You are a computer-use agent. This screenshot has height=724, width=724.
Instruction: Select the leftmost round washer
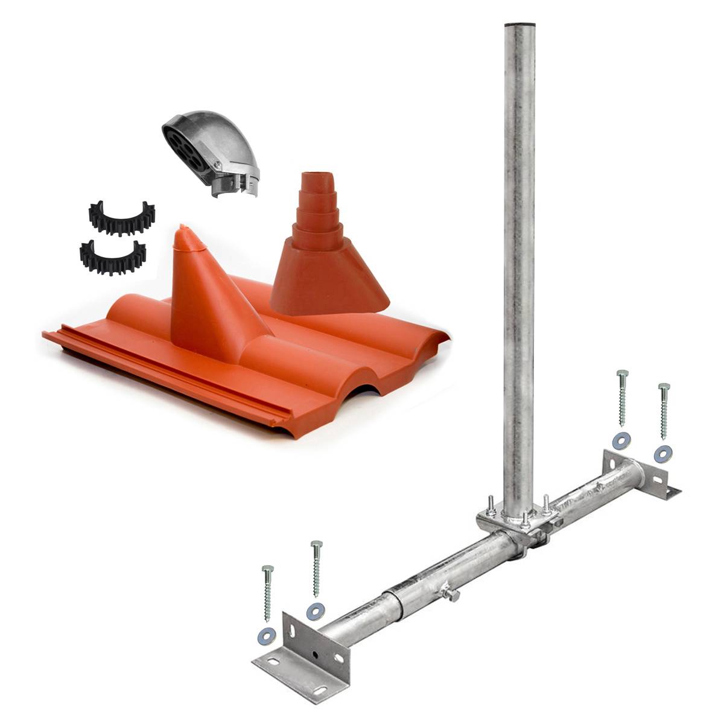[265, 634]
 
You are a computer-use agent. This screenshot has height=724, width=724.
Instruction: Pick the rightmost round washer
[662, 453]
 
